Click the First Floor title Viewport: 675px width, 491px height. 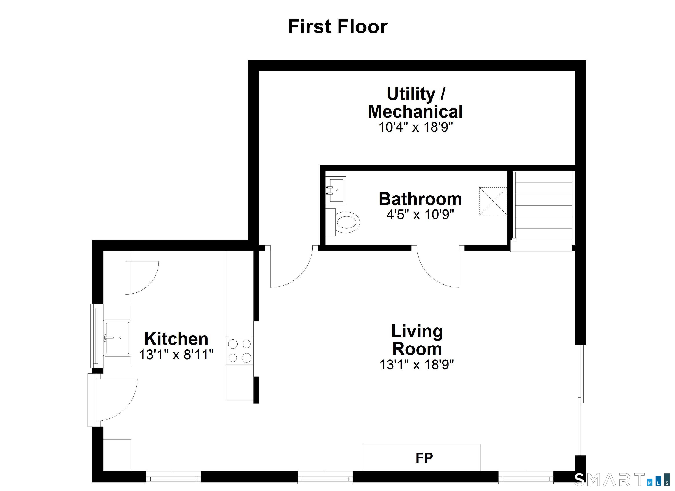[x=337, y=27]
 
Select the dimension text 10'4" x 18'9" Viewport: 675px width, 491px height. [x=416, y=127]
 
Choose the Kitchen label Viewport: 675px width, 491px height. [x=176, y=339]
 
